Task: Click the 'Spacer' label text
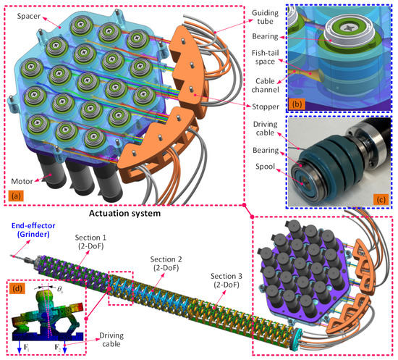coord(33,14)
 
